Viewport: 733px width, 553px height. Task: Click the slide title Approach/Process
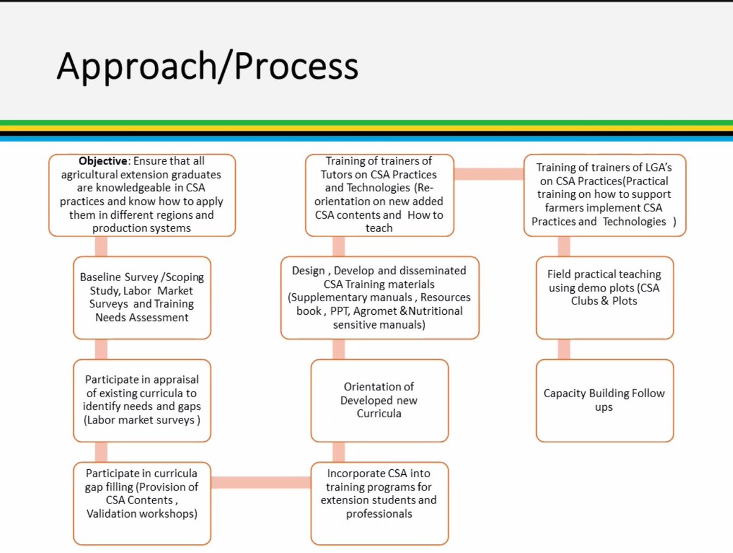207,65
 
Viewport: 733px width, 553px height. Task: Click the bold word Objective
103,161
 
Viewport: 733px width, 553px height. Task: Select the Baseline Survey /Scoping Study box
142,297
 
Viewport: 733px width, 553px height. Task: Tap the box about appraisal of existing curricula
142,400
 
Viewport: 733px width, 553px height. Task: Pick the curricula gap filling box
142,503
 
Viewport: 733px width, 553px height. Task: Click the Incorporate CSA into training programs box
379,503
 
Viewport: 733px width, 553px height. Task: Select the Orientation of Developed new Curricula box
379,400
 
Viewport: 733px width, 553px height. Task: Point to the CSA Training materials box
379,297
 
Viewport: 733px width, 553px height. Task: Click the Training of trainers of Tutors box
379,194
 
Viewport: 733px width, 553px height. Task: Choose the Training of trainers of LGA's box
604,194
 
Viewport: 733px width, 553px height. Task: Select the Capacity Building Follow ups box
604,400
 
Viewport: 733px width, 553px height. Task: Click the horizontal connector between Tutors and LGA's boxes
489,174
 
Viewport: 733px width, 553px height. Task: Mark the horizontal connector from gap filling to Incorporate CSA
260,482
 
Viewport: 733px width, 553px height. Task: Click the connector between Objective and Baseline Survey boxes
101,246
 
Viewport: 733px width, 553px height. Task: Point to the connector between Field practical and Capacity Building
563,349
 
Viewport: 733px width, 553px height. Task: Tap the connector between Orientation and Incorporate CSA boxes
338,452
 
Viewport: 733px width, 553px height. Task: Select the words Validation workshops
142,514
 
